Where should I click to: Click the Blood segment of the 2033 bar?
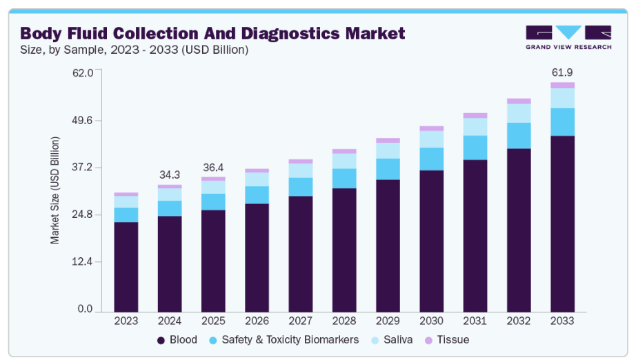tap(562, 222)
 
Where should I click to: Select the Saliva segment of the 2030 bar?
tap(432, 139)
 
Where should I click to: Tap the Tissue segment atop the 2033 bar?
tap(562, 86)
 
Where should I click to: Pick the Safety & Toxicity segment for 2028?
tap(344, 178)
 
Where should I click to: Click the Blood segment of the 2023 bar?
tap(126, 266)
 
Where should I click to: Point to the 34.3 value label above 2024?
tap(170, 174)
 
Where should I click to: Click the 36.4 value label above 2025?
tap(213, 167)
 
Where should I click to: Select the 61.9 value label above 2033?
tap(562, 72)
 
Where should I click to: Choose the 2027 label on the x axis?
tap(301, 321)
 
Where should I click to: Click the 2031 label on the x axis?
tap(475, 321)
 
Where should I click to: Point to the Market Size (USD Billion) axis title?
tap(55, 190)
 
